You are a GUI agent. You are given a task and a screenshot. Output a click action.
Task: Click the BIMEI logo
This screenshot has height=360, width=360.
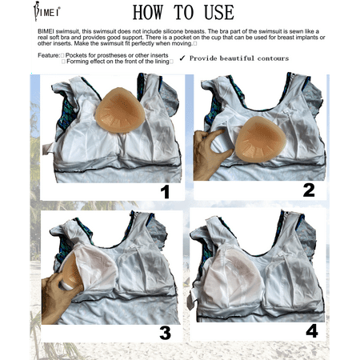pos(46,11)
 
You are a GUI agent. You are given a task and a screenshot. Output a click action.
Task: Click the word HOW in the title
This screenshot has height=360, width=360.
pos(148,13)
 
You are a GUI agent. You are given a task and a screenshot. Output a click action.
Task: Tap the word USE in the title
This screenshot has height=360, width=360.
pos(219,13)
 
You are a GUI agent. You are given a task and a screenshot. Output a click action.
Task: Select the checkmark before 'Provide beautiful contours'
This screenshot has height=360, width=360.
pos(182,58)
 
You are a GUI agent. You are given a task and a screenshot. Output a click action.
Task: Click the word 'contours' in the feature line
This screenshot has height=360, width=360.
pos(273,58)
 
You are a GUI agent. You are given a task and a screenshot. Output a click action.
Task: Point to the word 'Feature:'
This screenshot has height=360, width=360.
pos(49,55)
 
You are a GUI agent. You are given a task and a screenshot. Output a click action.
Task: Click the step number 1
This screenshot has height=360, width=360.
pos(166,192)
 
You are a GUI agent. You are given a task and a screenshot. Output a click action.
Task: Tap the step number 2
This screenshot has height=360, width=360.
pos(309,190)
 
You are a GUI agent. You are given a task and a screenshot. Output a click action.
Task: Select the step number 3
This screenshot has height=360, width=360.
pos(165,333)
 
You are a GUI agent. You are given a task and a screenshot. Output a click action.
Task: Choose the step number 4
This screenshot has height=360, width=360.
pos(312,331)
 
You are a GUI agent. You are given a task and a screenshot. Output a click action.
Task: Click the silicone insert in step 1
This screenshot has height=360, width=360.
pos(120,110)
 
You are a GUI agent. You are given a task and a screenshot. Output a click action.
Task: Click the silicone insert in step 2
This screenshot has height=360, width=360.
pos(260,139)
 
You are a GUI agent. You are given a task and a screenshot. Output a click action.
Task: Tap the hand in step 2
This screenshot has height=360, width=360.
pos(210,154)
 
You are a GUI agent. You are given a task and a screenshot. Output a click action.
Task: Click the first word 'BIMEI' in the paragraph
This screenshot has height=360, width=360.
pos(46,31)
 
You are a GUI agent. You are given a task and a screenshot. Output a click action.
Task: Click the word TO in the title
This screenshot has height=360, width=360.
pos(183,13)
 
